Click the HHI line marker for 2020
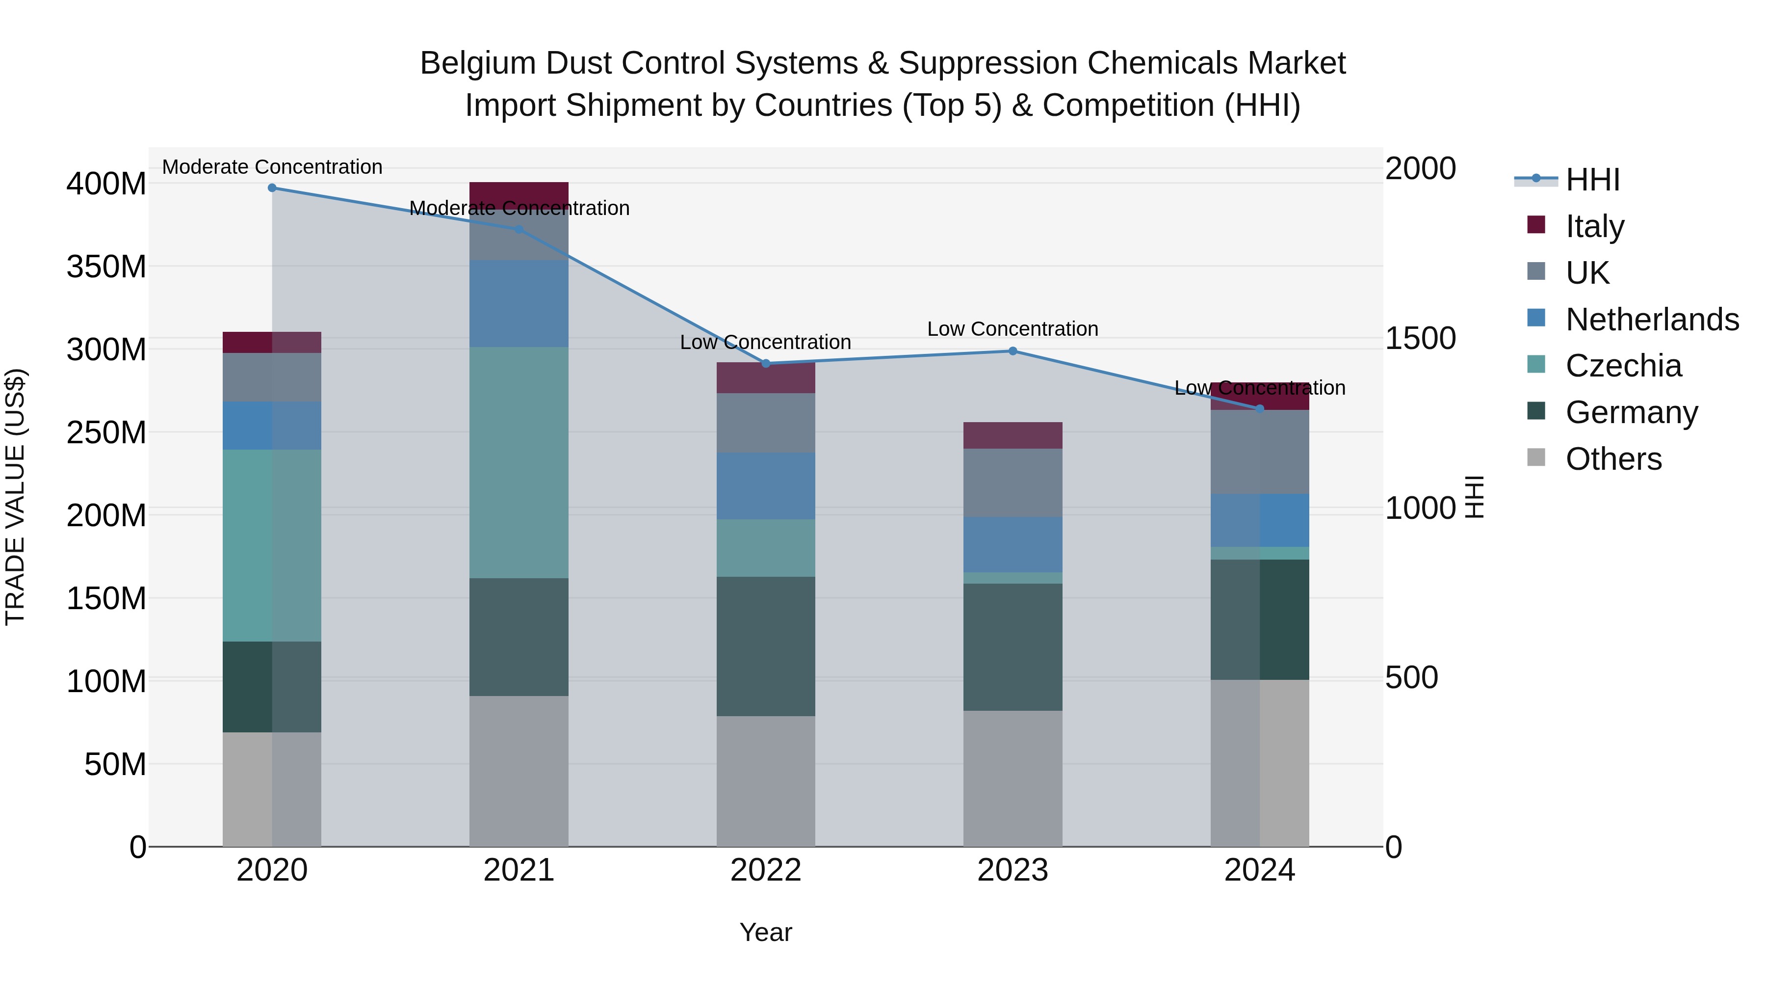click(x=272, y=188)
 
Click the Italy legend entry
click(x=1595, y=226)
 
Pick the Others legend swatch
click(x=1536, y=457)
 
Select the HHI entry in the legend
click(x=1592, y=180)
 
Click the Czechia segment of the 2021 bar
click(x=519, y=463)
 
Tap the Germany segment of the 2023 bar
click(x=1013, y=647)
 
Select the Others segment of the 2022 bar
click(x=766, y=781)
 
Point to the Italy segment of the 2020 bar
click(x=272, y=342)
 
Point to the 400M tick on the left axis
click(x=106, y=184)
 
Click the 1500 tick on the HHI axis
click(x=1420, y=338)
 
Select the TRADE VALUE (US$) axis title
click(x=15, y=497)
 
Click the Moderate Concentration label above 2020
click(x=272, y=167)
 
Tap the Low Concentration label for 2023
click(x=1013, y=329)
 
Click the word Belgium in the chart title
click(x=478, y=63)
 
